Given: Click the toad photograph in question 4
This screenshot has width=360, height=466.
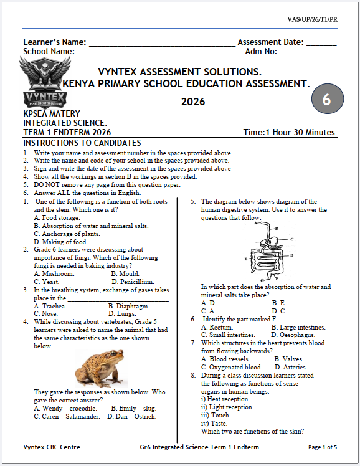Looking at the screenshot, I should point(98,368).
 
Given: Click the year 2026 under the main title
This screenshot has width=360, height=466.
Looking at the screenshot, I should point(192,102).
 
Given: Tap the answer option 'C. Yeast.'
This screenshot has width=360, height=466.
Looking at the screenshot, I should point(47,282).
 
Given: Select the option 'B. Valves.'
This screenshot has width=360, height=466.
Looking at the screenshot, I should point(288,359).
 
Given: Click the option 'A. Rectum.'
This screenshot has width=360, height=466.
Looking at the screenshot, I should point(217,327).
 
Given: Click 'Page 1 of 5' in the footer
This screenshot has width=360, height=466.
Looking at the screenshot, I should point(323,447).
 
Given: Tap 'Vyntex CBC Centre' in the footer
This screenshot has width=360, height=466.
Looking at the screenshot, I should point(52,447).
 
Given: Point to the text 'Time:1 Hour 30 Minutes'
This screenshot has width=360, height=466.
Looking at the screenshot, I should point(290,133).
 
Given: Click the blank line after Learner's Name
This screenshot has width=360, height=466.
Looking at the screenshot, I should point(163,44).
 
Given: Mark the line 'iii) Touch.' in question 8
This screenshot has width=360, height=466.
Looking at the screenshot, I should point(216,415).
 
